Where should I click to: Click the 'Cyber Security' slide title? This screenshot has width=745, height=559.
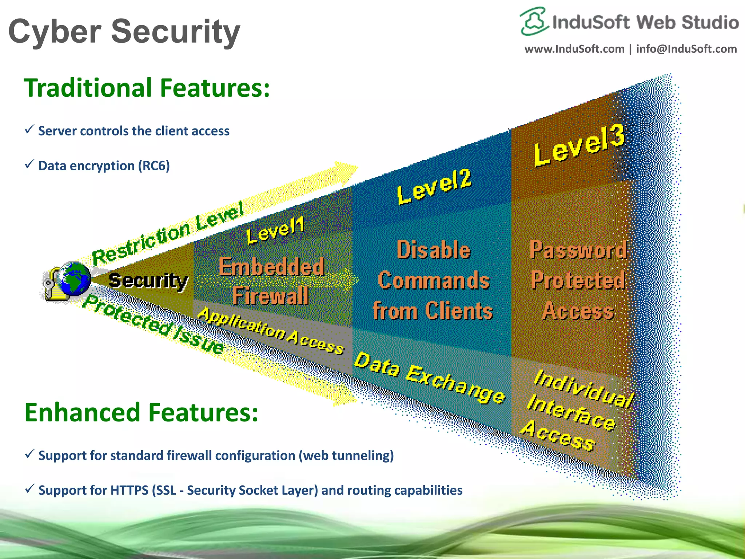pyautogui.click(x=124, y=32)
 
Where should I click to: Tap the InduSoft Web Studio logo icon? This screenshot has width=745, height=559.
pyautogui.click(x=534, y=21)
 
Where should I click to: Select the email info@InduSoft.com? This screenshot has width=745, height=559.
pyautogui.click(x=686, y=49)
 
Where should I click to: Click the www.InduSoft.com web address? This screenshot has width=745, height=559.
pyautogui.click(x=574, y=49)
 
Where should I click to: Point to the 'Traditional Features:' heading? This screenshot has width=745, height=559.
pyautogui.click(x=147, y=88)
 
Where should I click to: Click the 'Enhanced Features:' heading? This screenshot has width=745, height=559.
pyautogui.click(x=141, y=413)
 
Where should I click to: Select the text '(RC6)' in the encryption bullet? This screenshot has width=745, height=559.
pyautogui.click(x=154, y=166)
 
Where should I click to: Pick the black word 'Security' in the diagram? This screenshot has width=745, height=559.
pyautogui.click(x=148, y=281)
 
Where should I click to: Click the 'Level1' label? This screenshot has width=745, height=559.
pyautogui.click(x=275, y=231)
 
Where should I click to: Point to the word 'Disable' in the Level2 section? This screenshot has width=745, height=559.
pyautogui.click(x=433, y=250)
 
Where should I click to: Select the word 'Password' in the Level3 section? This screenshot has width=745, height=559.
pyautogui.click(x=578, y=250)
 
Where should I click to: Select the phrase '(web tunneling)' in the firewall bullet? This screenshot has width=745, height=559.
pyautogui.click(x=346, y=456)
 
